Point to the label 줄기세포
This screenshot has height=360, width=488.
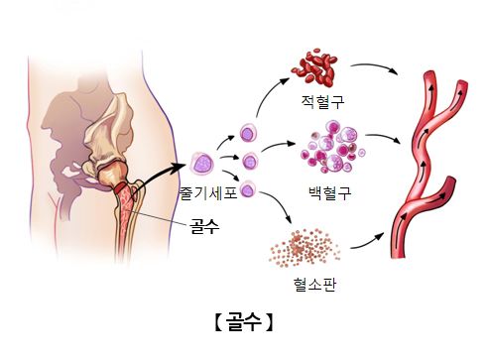point(207,193)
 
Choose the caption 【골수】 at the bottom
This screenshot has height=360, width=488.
point(243,322)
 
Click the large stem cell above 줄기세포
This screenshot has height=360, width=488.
point(203,163)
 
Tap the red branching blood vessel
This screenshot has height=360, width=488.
point(427,159)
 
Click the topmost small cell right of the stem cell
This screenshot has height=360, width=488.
point(247,133)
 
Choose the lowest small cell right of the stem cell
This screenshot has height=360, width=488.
point(248,187)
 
